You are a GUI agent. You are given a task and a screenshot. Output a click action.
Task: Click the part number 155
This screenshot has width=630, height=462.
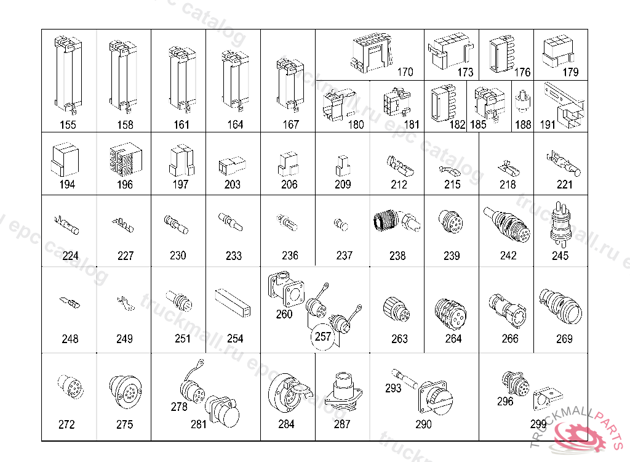pos(68,124)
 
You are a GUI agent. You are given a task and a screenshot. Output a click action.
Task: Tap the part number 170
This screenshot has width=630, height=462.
pos(405,72)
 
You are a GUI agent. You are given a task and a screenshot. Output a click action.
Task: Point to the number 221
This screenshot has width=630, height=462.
pos(564,184)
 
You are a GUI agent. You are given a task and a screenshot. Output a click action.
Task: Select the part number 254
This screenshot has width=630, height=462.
pos(235,338)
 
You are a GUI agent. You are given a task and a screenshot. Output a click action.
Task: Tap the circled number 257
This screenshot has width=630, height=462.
pos(323,336)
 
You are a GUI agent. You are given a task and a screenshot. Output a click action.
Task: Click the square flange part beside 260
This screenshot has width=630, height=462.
pos(285,290)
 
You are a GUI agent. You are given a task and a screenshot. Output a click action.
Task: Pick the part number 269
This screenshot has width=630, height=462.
pos(564,338)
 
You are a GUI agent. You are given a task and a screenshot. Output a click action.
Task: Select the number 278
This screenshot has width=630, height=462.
pos(179,407)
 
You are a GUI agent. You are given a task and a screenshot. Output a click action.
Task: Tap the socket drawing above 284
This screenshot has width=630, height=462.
pos(287,392)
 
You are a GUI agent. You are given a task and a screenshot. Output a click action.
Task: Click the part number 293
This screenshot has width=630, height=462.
pos(393,388)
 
